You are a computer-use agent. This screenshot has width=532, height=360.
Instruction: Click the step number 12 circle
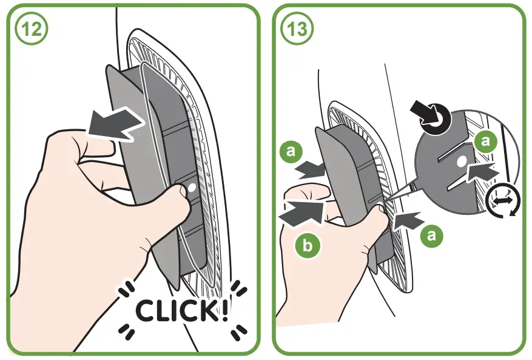click(30, 30)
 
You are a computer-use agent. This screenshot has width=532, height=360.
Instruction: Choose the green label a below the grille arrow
click(431, 235)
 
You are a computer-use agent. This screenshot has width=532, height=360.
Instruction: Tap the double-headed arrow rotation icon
click(500, 200)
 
